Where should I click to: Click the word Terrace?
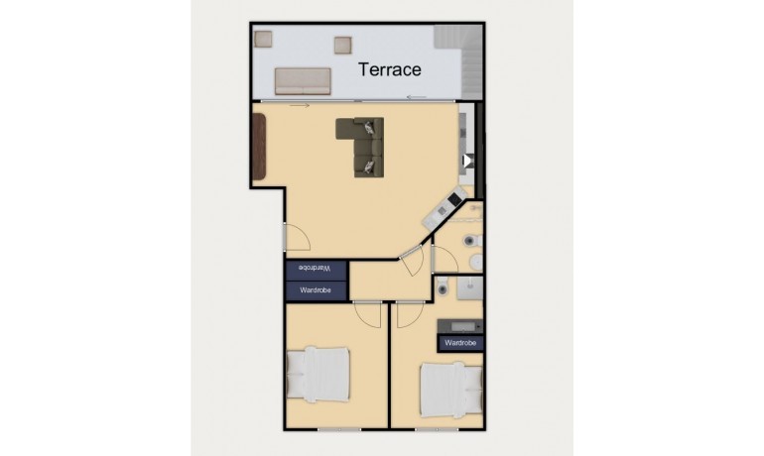coord(389,69)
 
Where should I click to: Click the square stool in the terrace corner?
coord(264,39)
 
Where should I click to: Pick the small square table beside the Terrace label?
coord(343,44)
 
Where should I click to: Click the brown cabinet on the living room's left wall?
coord(260,146)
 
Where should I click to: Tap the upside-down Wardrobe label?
coord(317,269)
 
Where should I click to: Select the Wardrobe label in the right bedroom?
coord(460,343)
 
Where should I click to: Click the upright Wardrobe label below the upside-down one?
coord(317,290)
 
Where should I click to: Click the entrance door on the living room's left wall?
coord(295,237)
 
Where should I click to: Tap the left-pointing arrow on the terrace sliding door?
coord(417,97)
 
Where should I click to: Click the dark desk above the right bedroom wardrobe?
coord(460,325)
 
